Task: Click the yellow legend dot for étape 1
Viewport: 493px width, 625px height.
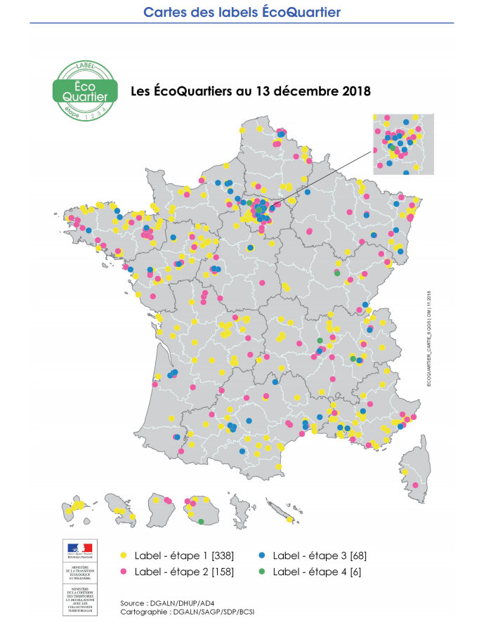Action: pyautogui.click(x=123, y=555)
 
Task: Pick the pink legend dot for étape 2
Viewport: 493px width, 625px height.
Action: pyautogui.click(x=123, y=571)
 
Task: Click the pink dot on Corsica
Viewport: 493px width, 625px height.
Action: pyautogui.click(x=416, y=485)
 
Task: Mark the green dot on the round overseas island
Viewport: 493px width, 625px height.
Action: pyautogui.click(x=202, y=521)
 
